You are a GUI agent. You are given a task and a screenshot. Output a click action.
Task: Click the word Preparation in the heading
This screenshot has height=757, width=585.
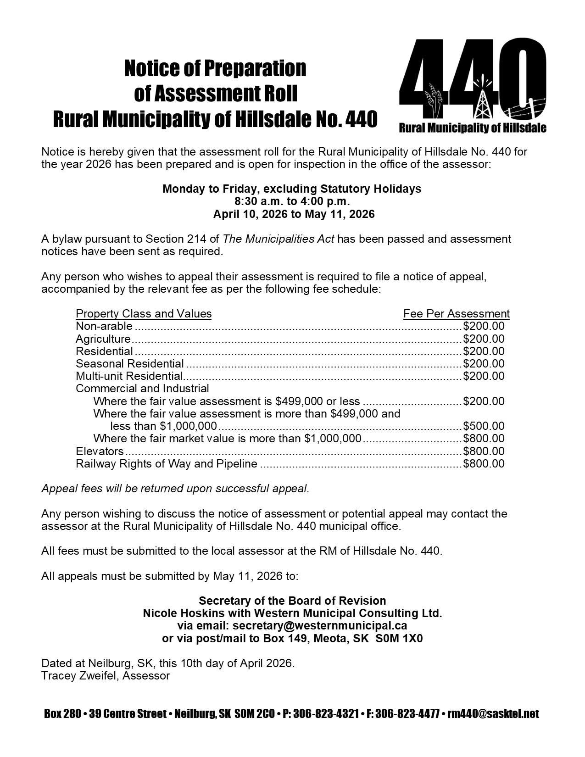255,69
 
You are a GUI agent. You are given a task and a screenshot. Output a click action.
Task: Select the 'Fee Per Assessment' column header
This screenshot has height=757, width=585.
456,314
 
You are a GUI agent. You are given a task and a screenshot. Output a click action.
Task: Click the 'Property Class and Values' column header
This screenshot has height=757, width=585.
144,314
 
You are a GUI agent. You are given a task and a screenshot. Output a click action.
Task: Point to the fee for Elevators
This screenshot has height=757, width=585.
484,451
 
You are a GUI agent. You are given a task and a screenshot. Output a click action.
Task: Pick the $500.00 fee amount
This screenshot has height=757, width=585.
484,426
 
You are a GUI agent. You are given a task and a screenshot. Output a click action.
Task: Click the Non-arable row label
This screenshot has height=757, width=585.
104,326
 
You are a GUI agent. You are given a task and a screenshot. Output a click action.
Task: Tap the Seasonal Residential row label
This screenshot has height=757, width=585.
130,364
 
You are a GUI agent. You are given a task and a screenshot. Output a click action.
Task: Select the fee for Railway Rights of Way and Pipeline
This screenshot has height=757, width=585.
484,464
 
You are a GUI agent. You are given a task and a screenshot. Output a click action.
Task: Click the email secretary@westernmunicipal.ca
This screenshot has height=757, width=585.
320,626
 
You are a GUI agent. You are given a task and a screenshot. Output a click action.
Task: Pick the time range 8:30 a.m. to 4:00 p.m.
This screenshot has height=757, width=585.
292,201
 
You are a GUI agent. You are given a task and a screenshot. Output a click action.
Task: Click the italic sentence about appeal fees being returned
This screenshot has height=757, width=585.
175,489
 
